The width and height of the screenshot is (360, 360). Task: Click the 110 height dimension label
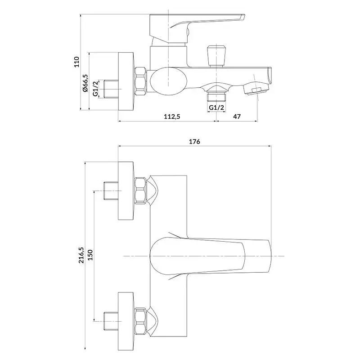pos(76,62)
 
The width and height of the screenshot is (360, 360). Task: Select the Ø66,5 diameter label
pos(85,83)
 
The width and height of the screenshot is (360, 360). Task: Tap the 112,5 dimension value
pos(172,117)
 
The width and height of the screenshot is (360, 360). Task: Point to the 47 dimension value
pos(237,117)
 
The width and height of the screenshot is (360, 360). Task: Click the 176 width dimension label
pos(194,142)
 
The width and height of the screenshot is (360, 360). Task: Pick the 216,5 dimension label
pos(81,255)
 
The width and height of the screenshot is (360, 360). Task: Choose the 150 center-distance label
pos(90,255)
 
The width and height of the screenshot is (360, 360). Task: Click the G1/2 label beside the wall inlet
pos(95,89)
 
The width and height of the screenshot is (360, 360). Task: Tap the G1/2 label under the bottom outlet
pos(216,108)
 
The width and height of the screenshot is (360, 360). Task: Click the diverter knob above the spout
pos(216,56)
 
